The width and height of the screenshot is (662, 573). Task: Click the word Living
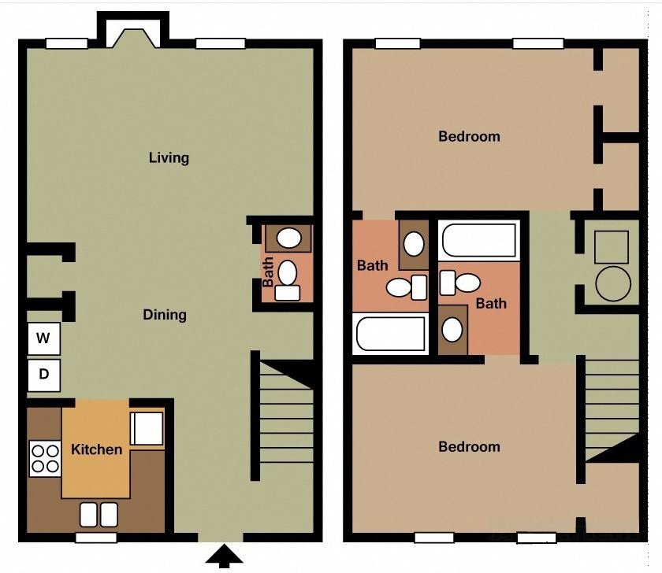169,157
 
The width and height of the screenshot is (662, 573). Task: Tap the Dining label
165,315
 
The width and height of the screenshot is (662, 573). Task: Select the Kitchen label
97,449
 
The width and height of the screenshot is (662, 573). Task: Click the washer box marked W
44,339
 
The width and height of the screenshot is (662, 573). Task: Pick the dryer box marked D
44,375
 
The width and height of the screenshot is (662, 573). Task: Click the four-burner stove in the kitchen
45,458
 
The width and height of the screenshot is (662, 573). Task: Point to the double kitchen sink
99,514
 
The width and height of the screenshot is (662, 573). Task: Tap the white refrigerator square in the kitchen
147,428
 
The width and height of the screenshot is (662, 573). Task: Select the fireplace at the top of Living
132,35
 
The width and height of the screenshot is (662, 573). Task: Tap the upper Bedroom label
469,136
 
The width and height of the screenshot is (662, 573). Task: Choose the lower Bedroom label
469,447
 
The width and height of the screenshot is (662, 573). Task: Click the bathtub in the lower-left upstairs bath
391,334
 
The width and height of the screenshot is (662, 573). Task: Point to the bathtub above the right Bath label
479,239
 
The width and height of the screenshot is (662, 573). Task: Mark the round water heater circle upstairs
613,283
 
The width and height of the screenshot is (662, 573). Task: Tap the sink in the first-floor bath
289,237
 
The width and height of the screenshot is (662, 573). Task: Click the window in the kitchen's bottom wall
96,538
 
